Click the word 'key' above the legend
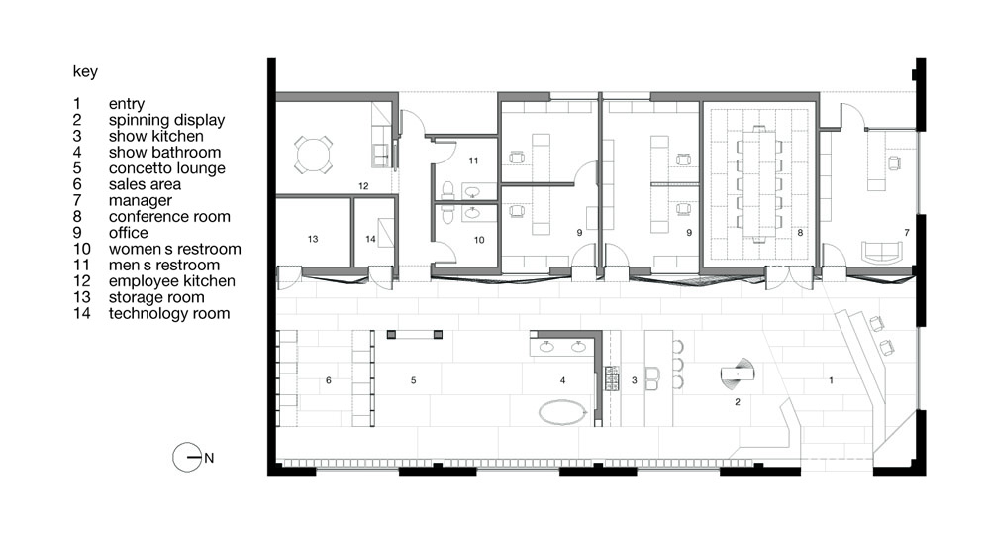85,72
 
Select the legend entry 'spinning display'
166,120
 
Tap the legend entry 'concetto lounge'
166,168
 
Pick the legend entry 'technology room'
169,313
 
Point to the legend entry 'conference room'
169,217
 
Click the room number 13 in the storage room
313,239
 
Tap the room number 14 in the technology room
369,239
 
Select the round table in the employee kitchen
313,154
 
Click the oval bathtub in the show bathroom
562,411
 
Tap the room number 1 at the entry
831,379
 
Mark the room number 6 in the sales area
327,379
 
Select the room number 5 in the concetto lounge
413,379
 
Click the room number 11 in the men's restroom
473,160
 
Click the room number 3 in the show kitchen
634,379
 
